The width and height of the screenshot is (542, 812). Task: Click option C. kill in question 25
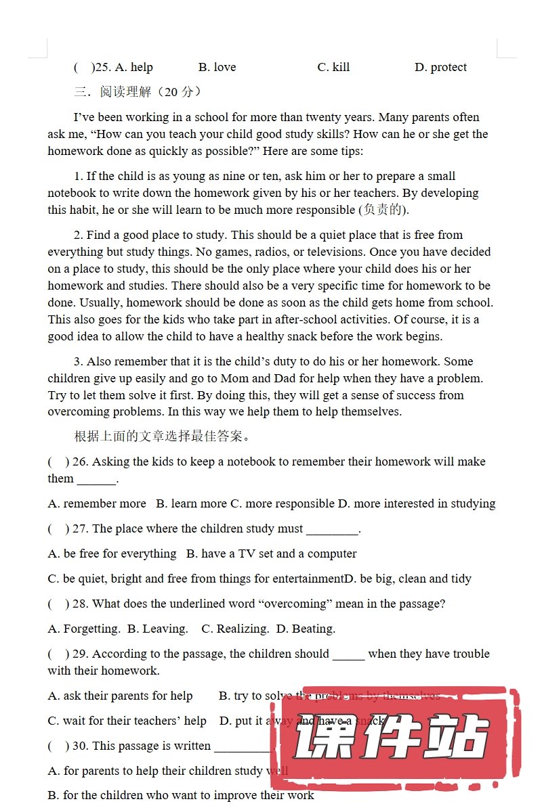coord(333,67)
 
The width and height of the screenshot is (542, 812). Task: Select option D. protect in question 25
coord(440,67)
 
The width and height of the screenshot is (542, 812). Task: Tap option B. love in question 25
coord(217,67)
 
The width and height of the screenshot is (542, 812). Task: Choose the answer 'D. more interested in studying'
coord(417,503)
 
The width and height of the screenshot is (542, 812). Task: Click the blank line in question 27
coord(332,530)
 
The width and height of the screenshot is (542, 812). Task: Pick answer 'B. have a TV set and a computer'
coord(271,554)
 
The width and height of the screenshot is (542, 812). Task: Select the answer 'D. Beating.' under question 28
coord(306,629)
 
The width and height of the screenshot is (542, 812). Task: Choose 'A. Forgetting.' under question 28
coord(84,629)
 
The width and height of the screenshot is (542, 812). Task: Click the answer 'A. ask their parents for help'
coord(120,696)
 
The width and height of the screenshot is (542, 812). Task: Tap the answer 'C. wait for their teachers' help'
coord(127,721)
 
